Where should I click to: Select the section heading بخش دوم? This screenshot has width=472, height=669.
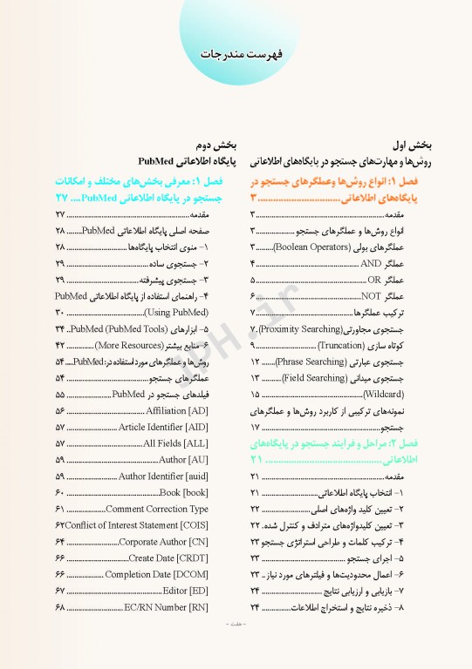coord(188,145)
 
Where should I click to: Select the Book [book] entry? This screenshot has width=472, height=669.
coord(182,493)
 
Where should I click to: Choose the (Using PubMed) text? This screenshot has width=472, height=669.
coord(175,313)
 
